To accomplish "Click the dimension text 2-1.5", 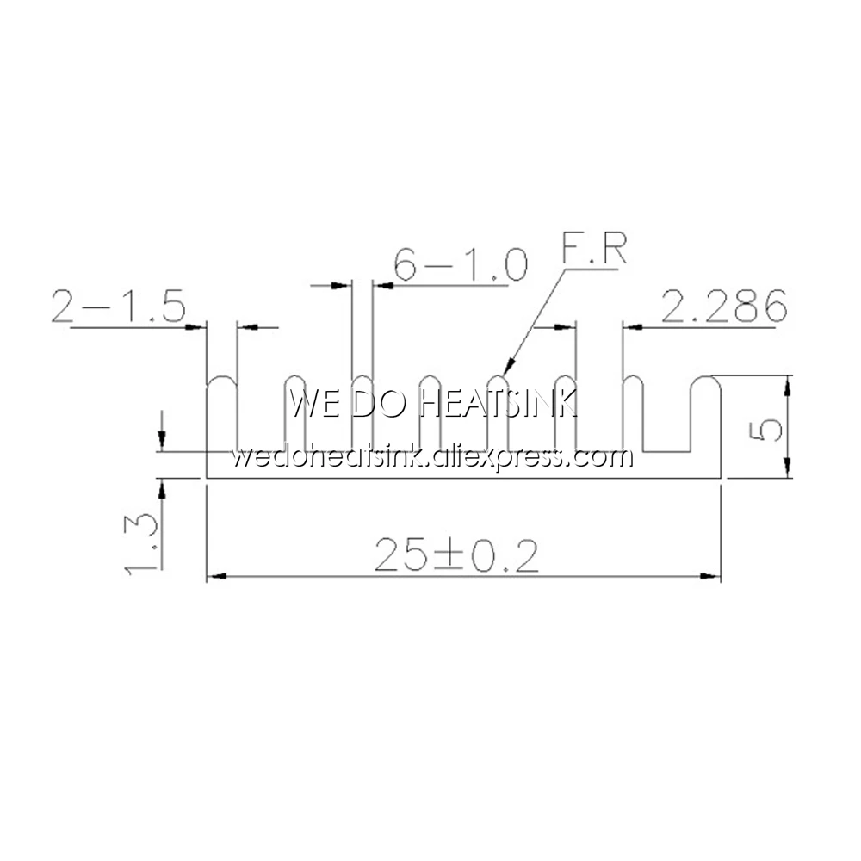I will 119,307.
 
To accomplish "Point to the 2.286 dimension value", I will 723,307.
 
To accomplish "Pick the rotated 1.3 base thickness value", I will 140,542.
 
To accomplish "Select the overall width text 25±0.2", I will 456,558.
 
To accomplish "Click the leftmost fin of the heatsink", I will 221,413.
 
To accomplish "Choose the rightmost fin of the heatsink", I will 706,413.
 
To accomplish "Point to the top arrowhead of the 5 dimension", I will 787,382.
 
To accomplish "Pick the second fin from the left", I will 294,413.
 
